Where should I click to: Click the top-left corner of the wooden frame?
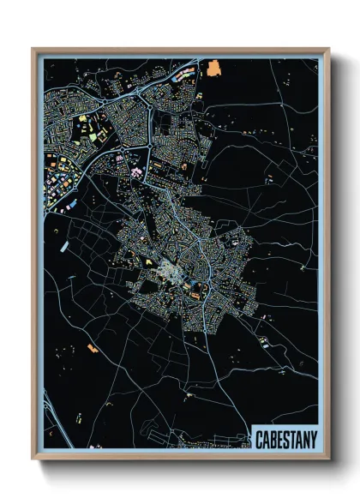(x=33, y=49)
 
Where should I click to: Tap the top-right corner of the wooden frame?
(x=329, y=49)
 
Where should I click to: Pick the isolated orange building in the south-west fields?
(x=91, y=347)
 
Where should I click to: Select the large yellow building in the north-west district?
(x=85, y=117)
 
